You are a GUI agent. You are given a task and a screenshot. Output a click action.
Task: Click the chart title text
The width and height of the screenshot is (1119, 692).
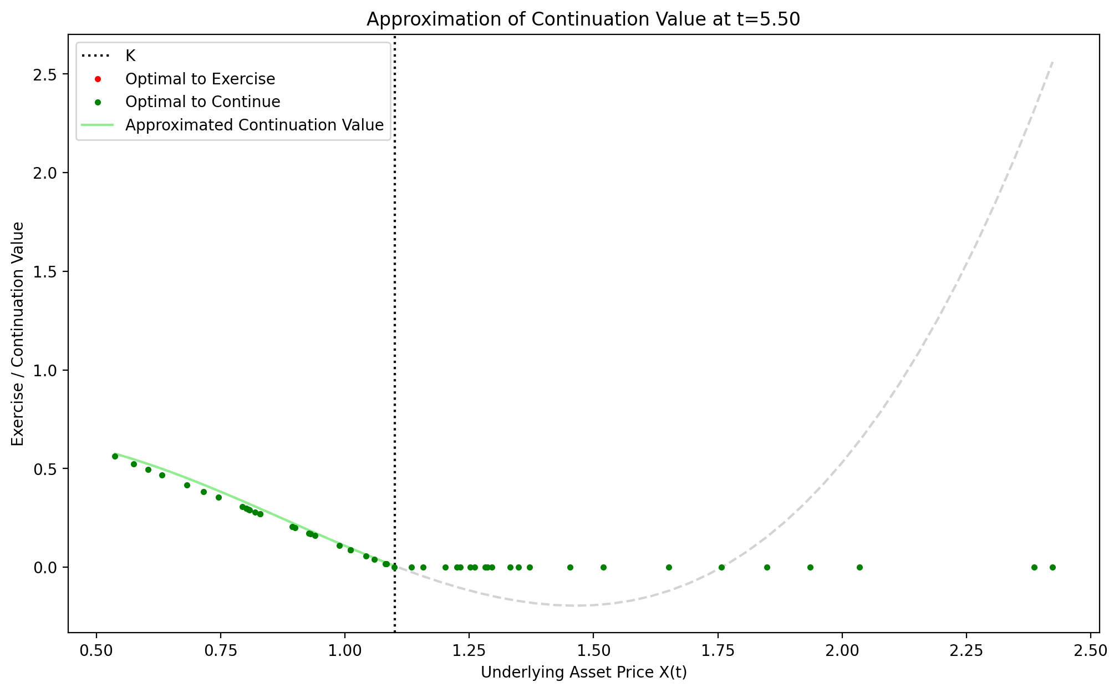(x=583, y=19)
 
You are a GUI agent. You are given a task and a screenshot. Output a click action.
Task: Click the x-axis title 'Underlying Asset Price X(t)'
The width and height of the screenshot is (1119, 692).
(x=583, y=673)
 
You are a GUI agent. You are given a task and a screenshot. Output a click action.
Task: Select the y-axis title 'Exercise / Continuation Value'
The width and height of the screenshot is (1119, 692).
(x=18, y=334)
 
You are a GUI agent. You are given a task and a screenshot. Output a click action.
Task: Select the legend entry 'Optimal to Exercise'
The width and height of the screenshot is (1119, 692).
(x=200, y=79)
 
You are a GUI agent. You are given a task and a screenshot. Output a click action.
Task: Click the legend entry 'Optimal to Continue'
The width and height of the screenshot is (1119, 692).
(x=202, y=102)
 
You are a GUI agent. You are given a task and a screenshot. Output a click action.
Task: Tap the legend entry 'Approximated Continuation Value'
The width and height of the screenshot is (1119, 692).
(x=255, y=125)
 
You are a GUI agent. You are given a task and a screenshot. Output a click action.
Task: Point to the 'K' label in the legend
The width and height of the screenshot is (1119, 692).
(x=130, y=56)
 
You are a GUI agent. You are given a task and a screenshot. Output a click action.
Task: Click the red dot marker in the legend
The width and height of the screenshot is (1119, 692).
(x=97, y=79)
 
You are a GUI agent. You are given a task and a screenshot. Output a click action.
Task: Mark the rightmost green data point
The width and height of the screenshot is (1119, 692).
(x=1052, y=567)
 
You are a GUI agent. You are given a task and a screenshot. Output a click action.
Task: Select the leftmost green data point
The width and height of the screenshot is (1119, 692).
(x=115, y=456)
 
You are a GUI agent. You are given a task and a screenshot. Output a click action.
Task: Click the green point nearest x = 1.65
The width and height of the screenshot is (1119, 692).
(x=669, y=567)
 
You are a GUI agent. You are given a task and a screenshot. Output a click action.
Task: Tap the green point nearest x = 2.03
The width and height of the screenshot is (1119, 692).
(x=859, y=567)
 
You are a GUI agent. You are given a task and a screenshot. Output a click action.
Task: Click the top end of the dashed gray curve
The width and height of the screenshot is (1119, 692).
(x=1052, y=61)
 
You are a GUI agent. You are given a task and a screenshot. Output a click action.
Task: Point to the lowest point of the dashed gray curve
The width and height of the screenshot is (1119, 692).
(x=577, y=605)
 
